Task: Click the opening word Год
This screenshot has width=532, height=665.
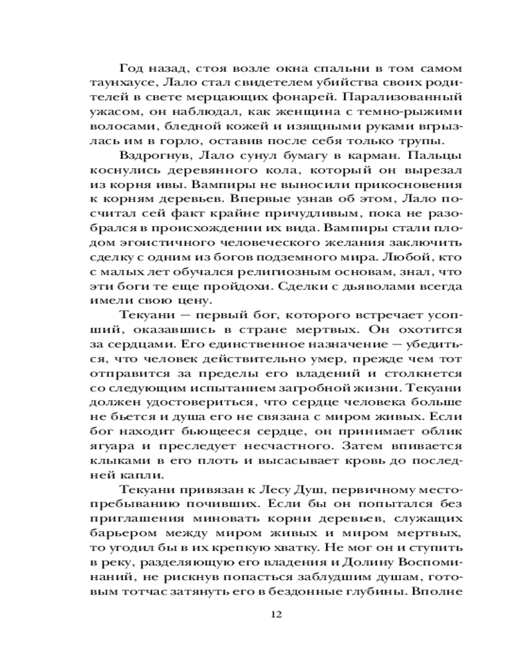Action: [132, 68]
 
